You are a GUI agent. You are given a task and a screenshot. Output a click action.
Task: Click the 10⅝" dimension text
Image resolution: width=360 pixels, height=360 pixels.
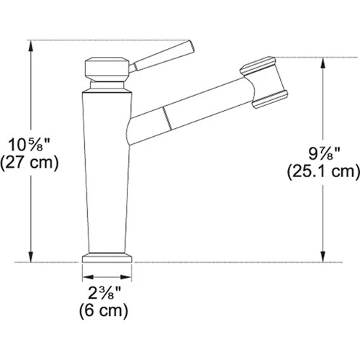[27, 143]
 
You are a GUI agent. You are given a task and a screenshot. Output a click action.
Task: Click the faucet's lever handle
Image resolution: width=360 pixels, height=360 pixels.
[165, 57]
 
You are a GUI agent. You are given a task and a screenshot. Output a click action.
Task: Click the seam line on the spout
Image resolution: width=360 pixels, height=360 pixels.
[166, 115]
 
